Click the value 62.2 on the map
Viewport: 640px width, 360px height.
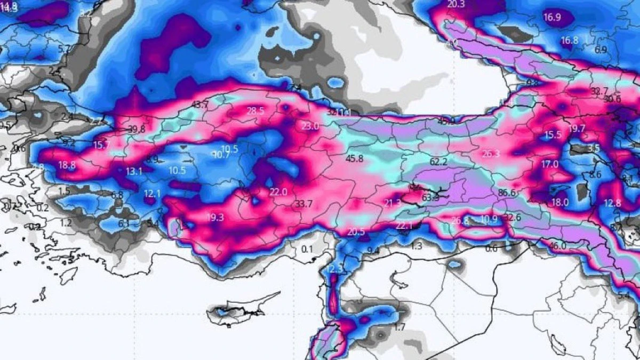438,161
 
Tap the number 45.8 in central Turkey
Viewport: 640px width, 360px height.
354,158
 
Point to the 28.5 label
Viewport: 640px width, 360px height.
255,111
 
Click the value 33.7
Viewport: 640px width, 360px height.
303,203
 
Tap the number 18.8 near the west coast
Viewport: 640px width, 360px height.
67,165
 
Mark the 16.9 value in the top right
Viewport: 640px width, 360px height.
552,17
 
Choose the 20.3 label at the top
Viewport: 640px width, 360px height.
456,4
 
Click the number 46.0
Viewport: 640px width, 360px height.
557,246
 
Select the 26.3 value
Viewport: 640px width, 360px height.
491,154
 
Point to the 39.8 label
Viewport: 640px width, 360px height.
137,129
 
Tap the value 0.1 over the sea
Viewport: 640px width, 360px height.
307,249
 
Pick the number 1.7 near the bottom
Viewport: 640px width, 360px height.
399,327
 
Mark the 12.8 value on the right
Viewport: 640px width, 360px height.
613,203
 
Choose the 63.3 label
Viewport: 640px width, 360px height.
430,197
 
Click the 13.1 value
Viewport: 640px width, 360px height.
134,171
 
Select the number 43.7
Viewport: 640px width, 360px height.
200,105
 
